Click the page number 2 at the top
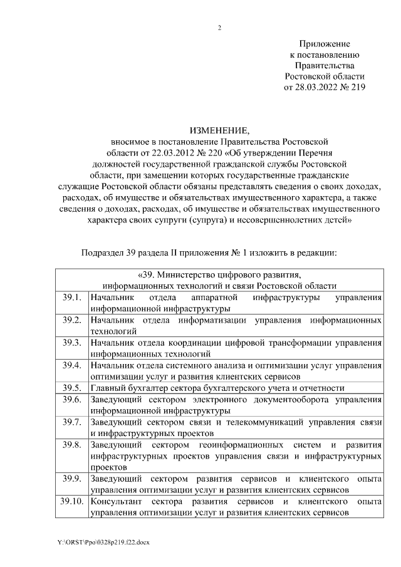click(x=219, y=28)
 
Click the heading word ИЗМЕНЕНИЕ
click(x=219, y=131)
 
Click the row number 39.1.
click(x=72, y=297)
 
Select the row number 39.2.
click(x=72, y=320)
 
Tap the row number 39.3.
click(x=72, y=343)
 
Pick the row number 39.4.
click(x=72, y=365)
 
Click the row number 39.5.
click(x=72, y=387)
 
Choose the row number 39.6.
click(x=72, y=400)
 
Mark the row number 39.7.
click(x=72, y=422)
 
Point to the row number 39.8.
click(x=72, y=445)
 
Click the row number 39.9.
click(x=72, y=479)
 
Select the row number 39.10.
click(x=72, y=502)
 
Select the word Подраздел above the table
click(x=104, y=253)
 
